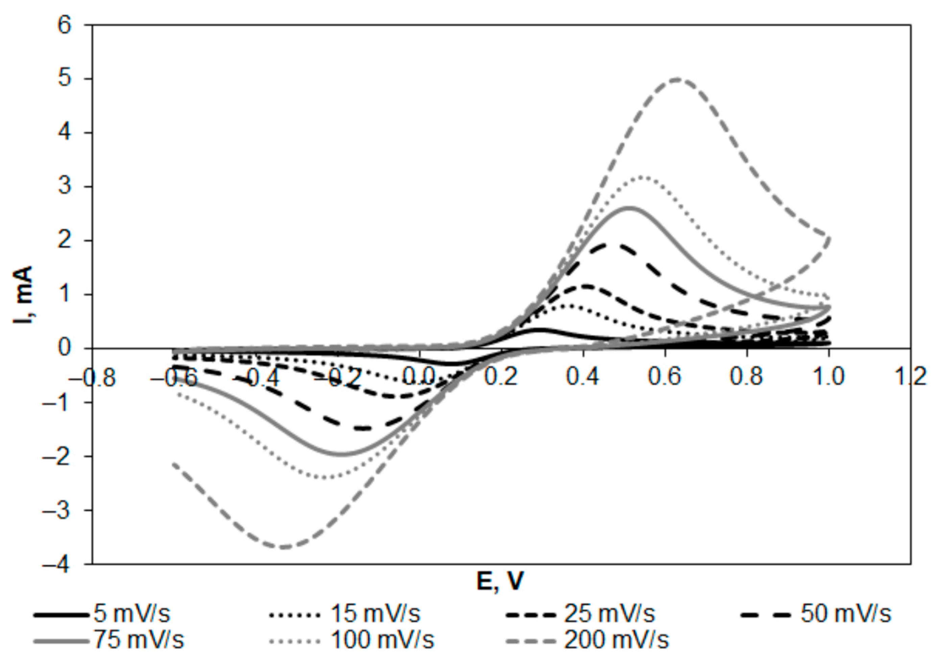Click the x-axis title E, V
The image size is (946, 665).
tap(500, 581)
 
